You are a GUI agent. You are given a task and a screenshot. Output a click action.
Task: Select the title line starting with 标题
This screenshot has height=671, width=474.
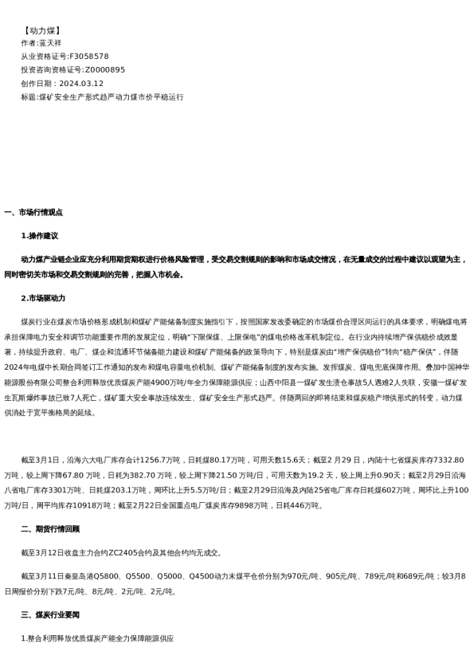pos(102,97)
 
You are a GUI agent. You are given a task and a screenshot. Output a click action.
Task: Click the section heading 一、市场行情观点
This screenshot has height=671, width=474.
pos(33,213)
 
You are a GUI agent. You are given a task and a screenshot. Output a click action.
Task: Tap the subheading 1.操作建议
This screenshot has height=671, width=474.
pos(39,236)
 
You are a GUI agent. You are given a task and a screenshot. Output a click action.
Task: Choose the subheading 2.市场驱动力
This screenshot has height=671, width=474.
pos(43,298)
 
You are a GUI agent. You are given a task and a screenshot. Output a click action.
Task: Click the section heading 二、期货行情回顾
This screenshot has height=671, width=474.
pos(50,529)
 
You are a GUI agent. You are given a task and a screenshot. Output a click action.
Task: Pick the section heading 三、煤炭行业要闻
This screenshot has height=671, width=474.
pos(50,614)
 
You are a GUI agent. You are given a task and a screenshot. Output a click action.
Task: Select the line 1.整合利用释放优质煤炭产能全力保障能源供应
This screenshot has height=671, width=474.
pos(97,638)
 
